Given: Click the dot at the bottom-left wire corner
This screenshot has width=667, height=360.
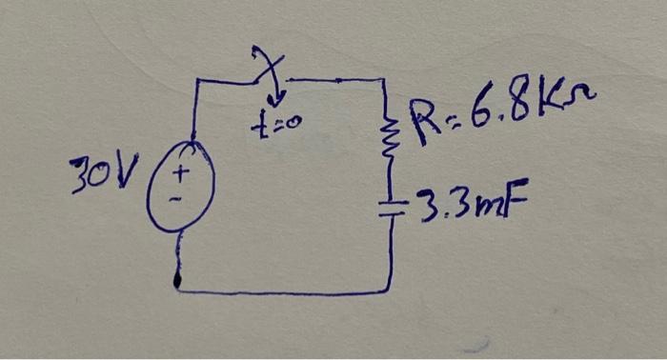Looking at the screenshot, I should [178, 283].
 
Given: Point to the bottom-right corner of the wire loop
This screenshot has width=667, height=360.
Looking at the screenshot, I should [390, 288].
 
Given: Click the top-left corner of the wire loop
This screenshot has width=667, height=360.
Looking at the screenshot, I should [195, 84].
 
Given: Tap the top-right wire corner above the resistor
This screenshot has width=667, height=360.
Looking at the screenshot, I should [383, 81].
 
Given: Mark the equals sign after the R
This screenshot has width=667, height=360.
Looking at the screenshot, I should [449, 116].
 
